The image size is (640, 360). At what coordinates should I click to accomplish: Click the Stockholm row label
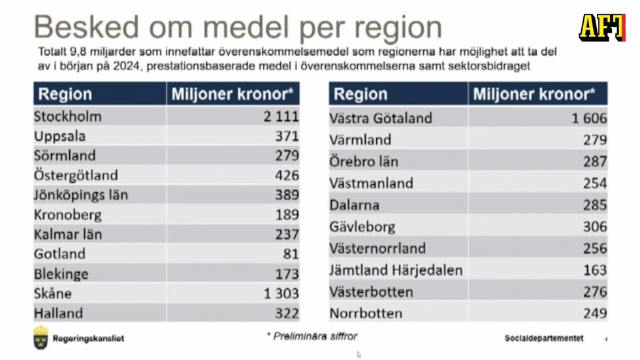(x=68, y=117)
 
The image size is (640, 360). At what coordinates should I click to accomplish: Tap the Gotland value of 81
(x=291, y=254)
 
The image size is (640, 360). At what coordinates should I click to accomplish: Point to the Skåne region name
(x=53, y=293)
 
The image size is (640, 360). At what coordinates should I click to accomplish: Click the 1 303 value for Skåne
(x=281, y=293)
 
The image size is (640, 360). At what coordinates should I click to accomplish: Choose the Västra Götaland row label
(x=381, y=118)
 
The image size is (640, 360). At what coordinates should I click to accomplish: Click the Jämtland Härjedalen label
(x=396, y=270)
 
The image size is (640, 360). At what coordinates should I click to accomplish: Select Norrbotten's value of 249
(x=595, y=314)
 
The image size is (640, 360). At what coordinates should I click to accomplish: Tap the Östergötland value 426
(x=287, y=175)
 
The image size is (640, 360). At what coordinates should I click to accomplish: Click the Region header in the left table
(x=65, y=94)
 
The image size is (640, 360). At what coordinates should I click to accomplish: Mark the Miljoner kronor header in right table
(x=534, y=94)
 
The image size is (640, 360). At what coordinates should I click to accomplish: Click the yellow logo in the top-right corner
(x=601, y=27)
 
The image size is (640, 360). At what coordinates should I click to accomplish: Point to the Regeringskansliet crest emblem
(x=41, y=336)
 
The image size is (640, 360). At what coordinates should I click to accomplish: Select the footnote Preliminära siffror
(x=312, y=336)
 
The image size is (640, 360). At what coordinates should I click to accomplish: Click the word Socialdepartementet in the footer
(x=544, y=338)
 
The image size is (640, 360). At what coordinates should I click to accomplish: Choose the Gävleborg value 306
(x=595, y=227)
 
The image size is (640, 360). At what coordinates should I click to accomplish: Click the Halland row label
(x=59, y=314)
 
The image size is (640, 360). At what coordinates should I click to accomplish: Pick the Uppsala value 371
(x=287, y=136)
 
